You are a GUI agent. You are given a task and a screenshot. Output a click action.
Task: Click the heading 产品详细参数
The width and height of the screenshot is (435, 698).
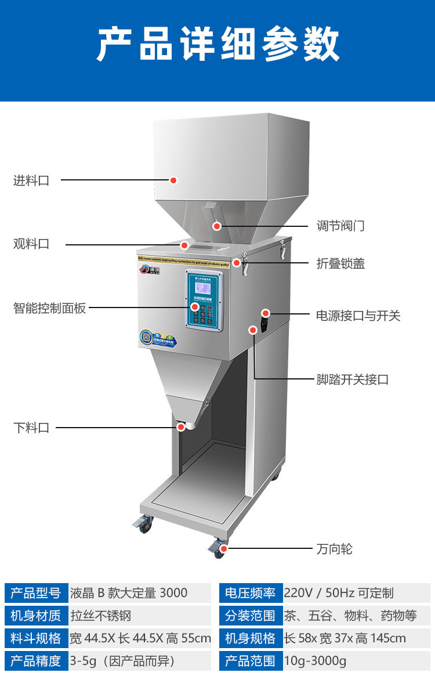click(217, 45)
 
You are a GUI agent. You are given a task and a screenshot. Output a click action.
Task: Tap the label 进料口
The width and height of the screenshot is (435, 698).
click(31, 180)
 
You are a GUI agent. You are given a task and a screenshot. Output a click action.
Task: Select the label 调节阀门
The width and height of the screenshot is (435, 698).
click(340, 226)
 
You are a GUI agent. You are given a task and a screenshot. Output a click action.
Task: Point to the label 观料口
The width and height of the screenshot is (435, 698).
click(31, 244)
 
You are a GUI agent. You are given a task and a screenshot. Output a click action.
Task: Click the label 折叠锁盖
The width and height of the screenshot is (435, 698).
click(340, 263)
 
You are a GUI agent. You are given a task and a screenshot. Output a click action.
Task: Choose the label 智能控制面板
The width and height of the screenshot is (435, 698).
click(49, 308)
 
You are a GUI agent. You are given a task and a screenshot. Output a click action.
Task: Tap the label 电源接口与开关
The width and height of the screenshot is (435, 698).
click(358, 316)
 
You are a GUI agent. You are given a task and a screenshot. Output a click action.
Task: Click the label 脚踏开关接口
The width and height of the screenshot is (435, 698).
click(352, 380)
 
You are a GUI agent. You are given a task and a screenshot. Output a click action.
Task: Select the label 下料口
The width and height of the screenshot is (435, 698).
click(31, 428)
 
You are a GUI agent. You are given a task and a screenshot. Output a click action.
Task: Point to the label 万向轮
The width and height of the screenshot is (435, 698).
click(334, 548)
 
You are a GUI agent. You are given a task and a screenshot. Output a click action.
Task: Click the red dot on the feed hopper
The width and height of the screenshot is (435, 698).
click(173, 180)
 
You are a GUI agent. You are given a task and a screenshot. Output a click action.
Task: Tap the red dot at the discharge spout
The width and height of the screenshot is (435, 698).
click(181, 427)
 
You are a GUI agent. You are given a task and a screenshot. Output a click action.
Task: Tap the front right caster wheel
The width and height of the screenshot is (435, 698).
click(219, 549)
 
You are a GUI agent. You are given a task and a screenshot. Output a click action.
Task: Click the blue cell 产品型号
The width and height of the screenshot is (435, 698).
click(36, 592)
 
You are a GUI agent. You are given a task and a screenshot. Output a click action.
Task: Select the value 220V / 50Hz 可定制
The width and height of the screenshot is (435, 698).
click(339, 592)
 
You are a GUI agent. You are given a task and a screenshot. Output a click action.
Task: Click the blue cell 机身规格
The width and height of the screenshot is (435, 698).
click(251, 638)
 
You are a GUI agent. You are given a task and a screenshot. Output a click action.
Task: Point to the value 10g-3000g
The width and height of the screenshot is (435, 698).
click(315, 661)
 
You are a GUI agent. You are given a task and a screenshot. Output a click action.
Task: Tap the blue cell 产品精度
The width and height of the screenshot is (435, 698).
click(36, 661)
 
